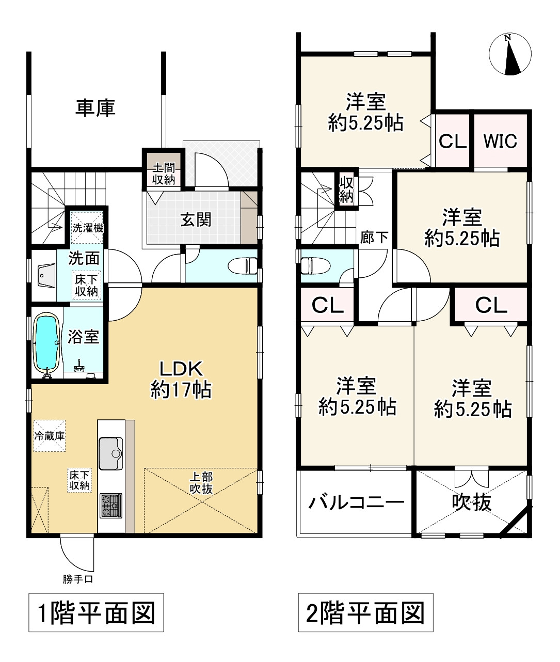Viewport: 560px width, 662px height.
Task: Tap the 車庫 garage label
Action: pos(95,108)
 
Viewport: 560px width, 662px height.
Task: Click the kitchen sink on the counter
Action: pos(110,453)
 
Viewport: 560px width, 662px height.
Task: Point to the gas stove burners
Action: pos(111,504)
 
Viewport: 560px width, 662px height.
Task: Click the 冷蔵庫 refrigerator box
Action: pos(50,435)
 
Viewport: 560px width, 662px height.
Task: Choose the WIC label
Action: pos(500,141)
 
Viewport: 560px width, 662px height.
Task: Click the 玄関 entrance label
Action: pos(196,220)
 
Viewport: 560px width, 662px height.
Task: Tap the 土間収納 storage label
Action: pos(163,174)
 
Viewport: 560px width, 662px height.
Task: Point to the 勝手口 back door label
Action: pos(77,579)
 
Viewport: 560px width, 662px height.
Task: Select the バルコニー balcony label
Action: pos(356,502)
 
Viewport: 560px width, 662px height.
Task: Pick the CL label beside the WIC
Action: pos(453,141)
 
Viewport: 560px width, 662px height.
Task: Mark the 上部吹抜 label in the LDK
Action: pos(201,483)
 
